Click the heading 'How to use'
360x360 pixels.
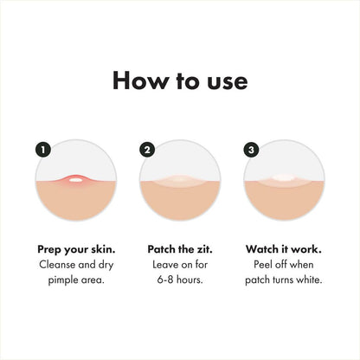(180, 81)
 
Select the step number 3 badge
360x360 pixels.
(252, 149)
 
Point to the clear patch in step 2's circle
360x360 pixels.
(180, 182)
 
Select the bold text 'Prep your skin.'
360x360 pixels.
(77, 246)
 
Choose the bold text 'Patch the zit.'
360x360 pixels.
(180, 246)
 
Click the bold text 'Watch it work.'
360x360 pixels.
(283, 246)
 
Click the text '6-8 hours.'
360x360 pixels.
(180, 280)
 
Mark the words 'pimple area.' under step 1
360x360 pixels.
(77, 280)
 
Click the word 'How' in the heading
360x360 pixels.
(138, 81)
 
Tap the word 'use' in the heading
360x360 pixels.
(227, 81)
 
